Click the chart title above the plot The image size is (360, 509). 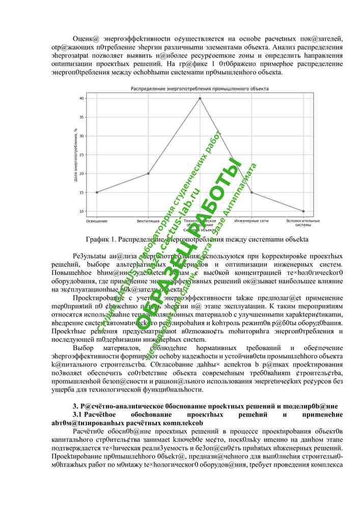(x=200, y=89)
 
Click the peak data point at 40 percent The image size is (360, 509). (x=200, y=98)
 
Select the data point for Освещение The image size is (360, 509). (x=97, y=192)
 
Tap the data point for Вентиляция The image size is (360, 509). (x=148, y=174)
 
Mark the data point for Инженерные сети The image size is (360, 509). (x=252, y=192)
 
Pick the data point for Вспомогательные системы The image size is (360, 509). (x=303, y=211)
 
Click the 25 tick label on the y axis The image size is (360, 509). (x=81, y=155)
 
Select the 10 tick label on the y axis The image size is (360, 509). (x=81, y=211)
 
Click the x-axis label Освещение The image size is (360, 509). (x=97, y=221)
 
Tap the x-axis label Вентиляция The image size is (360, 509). (x=148, y=221)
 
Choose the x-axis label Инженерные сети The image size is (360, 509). (x=252, y=221)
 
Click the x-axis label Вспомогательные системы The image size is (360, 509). (x=303, y=223)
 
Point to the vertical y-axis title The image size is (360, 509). (x=75, y=155)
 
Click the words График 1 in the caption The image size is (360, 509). (x=102, y=239)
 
